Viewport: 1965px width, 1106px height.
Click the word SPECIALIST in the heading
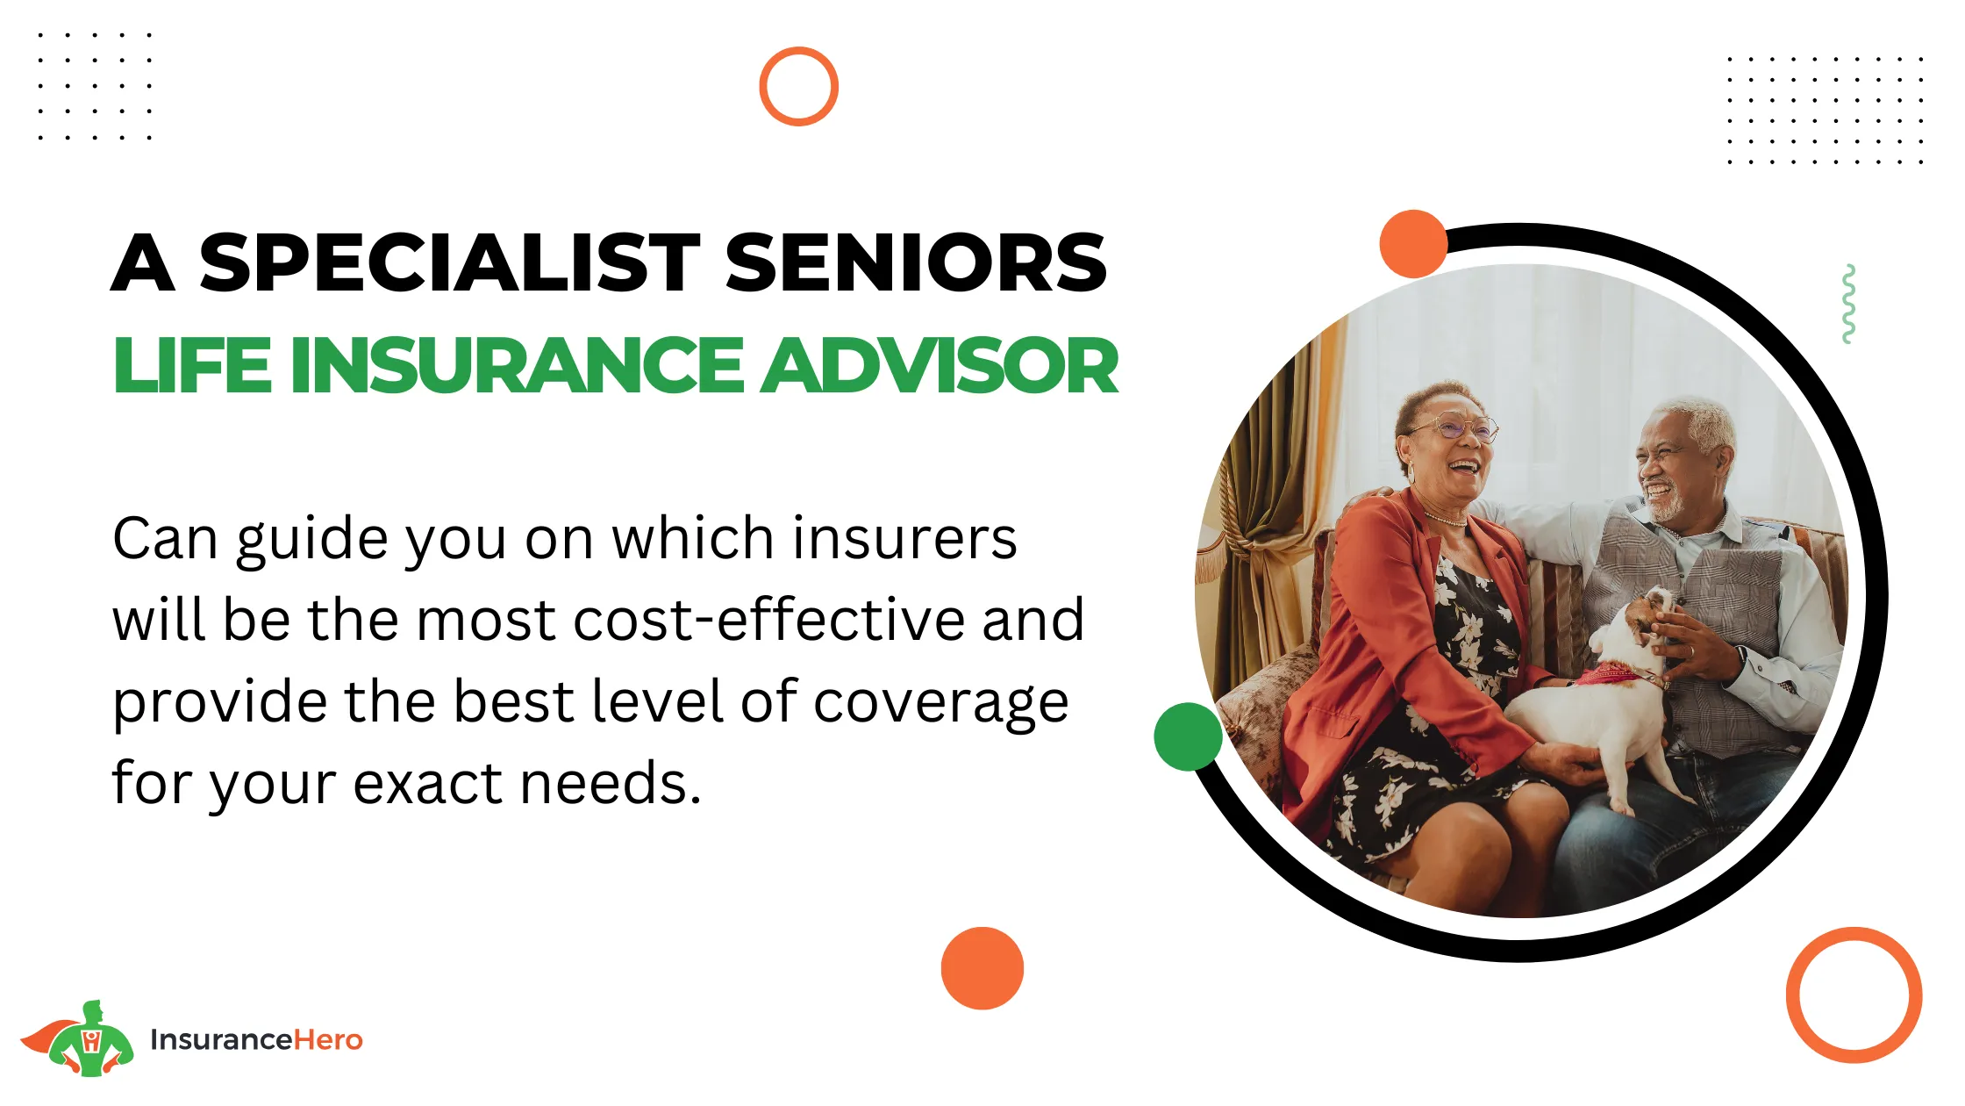[x=450, y=262]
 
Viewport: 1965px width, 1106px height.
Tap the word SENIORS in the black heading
[x=916, y=262]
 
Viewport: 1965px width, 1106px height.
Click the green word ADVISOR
[x=940, y=365]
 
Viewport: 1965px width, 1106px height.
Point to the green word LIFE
[x=192, y=365]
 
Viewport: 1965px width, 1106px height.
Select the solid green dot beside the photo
[x=1188, y=736]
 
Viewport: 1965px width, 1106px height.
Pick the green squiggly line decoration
[x=1848, y=304]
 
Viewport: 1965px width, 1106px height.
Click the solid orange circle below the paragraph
[x=982, y=968]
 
